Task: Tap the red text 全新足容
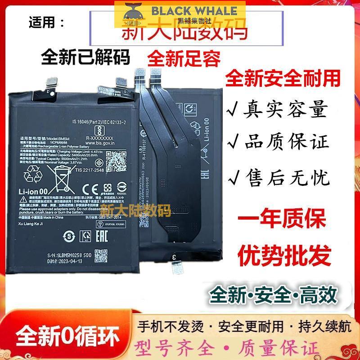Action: pyautogui.click(x=184, y=58)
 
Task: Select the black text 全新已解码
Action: pyautogui.click(x=85, y=57)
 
